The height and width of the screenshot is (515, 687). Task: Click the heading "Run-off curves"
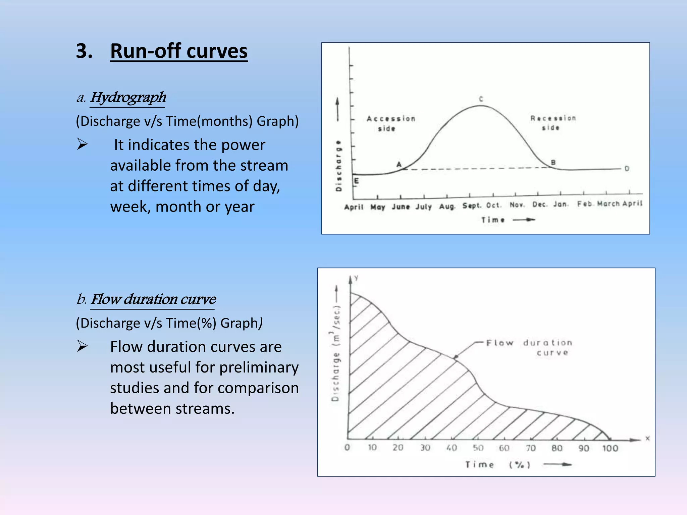(x=178, y=51)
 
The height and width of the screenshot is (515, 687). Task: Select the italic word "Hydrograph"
(x=128, y=98)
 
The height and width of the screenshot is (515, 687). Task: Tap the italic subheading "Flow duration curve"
(x=153, y=299)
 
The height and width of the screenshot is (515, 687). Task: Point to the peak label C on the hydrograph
(x=481, y=99)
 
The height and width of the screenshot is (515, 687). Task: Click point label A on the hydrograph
(x=399, y=164)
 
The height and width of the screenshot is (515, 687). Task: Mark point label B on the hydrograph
(x=553, y=163)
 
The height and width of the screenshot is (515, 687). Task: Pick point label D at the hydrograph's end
(x=627, y=169)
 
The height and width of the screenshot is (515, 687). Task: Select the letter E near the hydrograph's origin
(x=357, y=181)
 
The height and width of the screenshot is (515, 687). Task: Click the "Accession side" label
(x=390, y=123)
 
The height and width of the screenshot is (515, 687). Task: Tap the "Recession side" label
(x=553, y=123)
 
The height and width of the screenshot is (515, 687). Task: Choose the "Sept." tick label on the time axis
(x=472, y=206)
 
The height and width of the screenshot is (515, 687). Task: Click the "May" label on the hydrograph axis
(x=378, y=207)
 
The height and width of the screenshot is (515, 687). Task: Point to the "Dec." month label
(x=539, y=205)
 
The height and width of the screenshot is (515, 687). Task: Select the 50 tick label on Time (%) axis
(x=478, y=448)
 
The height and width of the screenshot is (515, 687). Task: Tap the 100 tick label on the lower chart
(x=610, y=448)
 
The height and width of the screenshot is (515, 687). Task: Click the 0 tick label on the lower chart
(x=347, y=448)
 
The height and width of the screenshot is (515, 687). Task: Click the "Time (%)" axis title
(x=497, y=465)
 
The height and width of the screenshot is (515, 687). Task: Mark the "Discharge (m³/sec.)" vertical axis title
(x=336, y=353)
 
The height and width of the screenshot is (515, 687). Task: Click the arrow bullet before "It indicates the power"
(x=82, y=145)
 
